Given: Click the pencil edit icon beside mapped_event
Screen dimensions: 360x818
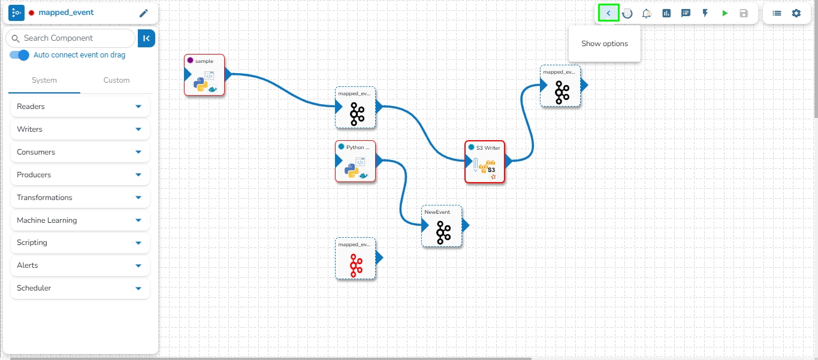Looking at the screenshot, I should click(x=143, y=13).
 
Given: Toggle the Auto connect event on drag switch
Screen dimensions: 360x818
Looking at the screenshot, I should click(x=20, y=55).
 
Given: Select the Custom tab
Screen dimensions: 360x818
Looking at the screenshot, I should click(x=116, y=80).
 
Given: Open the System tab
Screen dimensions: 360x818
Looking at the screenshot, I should click(x=44, y=80).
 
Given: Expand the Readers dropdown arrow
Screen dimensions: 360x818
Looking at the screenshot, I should click(x=138, y=107).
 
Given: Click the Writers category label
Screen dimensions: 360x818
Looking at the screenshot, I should click(x=30, y=129).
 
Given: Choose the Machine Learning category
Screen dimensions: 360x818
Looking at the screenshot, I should click(x=47, y=220).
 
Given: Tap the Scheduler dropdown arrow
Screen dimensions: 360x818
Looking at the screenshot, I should click(x=138, y=288).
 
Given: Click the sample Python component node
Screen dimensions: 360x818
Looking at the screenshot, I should click(x=204, y=75).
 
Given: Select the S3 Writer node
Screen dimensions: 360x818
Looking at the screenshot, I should click(x=485, y=162).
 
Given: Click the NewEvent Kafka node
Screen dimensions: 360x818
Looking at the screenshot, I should click(x=442, y=227).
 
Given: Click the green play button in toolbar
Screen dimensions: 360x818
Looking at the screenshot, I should click(x=725, y=13).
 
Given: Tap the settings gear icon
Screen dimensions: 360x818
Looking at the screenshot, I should click(x=796, y=13).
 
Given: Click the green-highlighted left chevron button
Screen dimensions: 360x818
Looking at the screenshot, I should click(x=608, y=13).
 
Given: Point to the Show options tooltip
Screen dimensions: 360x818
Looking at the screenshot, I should click(x=604, y=44).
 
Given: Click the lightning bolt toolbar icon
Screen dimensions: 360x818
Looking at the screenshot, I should click(x=705, y=13).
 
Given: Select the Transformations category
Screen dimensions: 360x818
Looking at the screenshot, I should click(x=44, y=198).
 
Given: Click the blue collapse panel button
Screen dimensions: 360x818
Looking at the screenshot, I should click(x=146, y=38).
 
